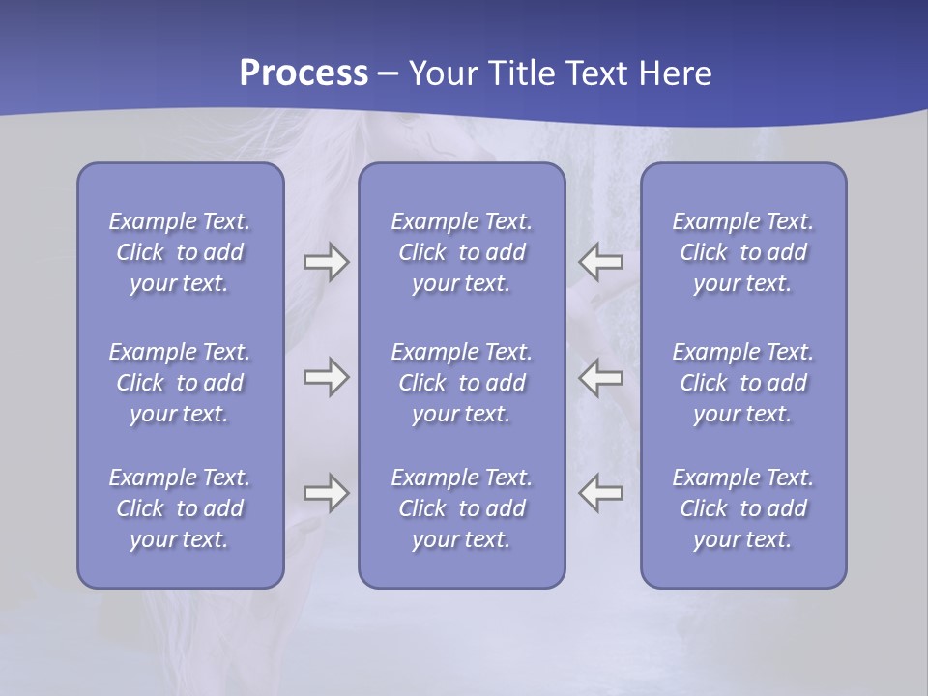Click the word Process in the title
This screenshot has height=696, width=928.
click(x=304, y=73)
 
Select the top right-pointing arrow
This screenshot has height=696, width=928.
click(x=326, y=262)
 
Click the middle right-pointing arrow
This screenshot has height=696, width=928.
click(x=326, y=377)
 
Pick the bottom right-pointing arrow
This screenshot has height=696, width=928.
click(x=326, y=493)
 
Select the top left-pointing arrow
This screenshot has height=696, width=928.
click(x=600, y=262)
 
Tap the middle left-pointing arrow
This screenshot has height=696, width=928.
click(x=600, y=377)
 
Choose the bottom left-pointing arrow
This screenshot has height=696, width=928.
click(x=600, y=493)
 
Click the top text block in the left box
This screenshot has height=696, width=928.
click(x=180, y=252)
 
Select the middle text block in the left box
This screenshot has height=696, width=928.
click(x=180, y=383)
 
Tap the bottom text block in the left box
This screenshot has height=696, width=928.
click(x=180, y=508)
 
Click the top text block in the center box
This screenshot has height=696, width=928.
click(x=461, y=252)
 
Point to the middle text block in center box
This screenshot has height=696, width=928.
click(x=461, y=383)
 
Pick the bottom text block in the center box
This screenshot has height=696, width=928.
click(x=461, y=508)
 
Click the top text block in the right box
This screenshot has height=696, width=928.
click(x=742, y=252)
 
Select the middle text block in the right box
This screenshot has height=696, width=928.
click(x=742, y=383)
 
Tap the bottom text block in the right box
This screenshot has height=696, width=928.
click(x=742, y=508)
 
